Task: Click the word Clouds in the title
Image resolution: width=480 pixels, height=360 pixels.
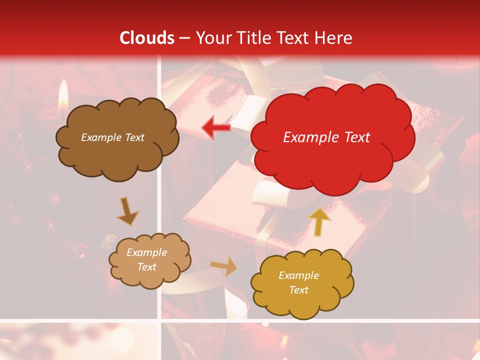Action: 147,38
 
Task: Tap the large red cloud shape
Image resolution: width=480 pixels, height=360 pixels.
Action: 332,155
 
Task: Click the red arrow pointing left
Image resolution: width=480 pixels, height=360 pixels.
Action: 216,128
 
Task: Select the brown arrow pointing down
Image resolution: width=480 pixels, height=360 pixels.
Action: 128,212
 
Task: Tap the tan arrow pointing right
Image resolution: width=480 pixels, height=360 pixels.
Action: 224,266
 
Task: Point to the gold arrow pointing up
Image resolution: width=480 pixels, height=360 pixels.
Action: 320,222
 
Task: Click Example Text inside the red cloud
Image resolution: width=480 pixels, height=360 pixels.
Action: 326,137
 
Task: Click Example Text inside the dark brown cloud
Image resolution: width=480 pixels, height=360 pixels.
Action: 112,137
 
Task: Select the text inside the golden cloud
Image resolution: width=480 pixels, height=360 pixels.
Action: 298,282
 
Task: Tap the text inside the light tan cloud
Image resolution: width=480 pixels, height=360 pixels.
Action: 146,259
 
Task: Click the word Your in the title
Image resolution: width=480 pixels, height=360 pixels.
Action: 213,38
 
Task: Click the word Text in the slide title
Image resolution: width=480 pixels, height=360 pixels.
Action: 293,38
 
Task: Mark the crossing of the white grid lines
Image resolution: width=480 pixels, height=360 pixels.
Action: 159,320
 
